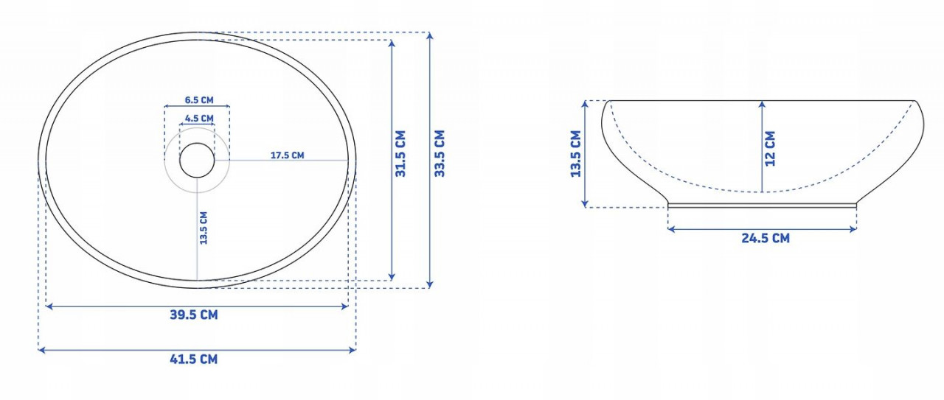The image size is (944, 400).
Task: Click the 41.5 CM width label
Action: [x=194, y=359]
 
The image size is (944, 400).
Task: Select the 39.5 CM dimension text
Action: [x=194, y=315]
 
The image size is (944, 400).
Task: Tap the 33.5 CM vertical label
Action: [x=439, y=153]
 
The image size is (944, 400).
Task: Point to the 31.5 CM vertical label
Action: [x=400, y=153]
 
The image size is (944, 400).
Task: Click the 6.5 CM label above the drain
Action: [x=199, y=100]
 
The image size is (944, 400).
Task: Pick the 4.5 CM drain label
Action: [x=199, y=119]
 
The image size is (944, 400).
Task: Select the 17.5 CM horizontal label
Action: [x=287, y=155]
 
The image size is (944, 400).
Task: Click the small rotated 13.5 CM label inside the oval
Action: [x=204, y=228]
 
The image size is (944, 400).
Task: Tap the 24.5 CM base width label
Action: [x=766, y=239]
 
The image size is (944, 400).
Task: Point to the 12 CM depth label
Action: [x=769, y=149]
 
